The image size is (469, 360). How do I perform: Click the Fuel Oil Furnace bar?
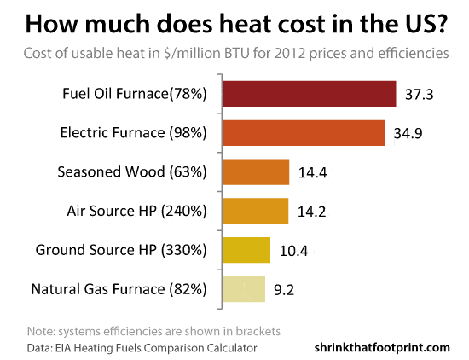[x=309, y=94]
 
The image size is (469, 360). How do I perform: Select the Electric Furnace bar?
[x=304, y=133]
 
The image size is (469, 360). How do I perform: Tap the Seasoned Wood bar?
[x=256, y=171]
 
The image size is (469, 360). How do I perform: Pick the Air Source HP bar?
[x=255, y=211]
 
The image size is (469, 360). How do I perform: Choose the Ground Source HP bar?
[x=246, y=250]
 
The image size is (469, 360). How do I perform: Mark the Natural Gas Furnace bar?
[x=243, y=288]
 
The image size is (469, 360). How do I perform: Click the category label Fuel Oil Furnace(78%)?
[x=135, y=94]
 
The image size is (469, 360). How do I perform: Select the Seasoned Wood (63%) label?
[x=132, y=172]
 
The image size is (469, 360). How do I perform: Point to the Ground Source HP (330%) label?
[x=121, y=250]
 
